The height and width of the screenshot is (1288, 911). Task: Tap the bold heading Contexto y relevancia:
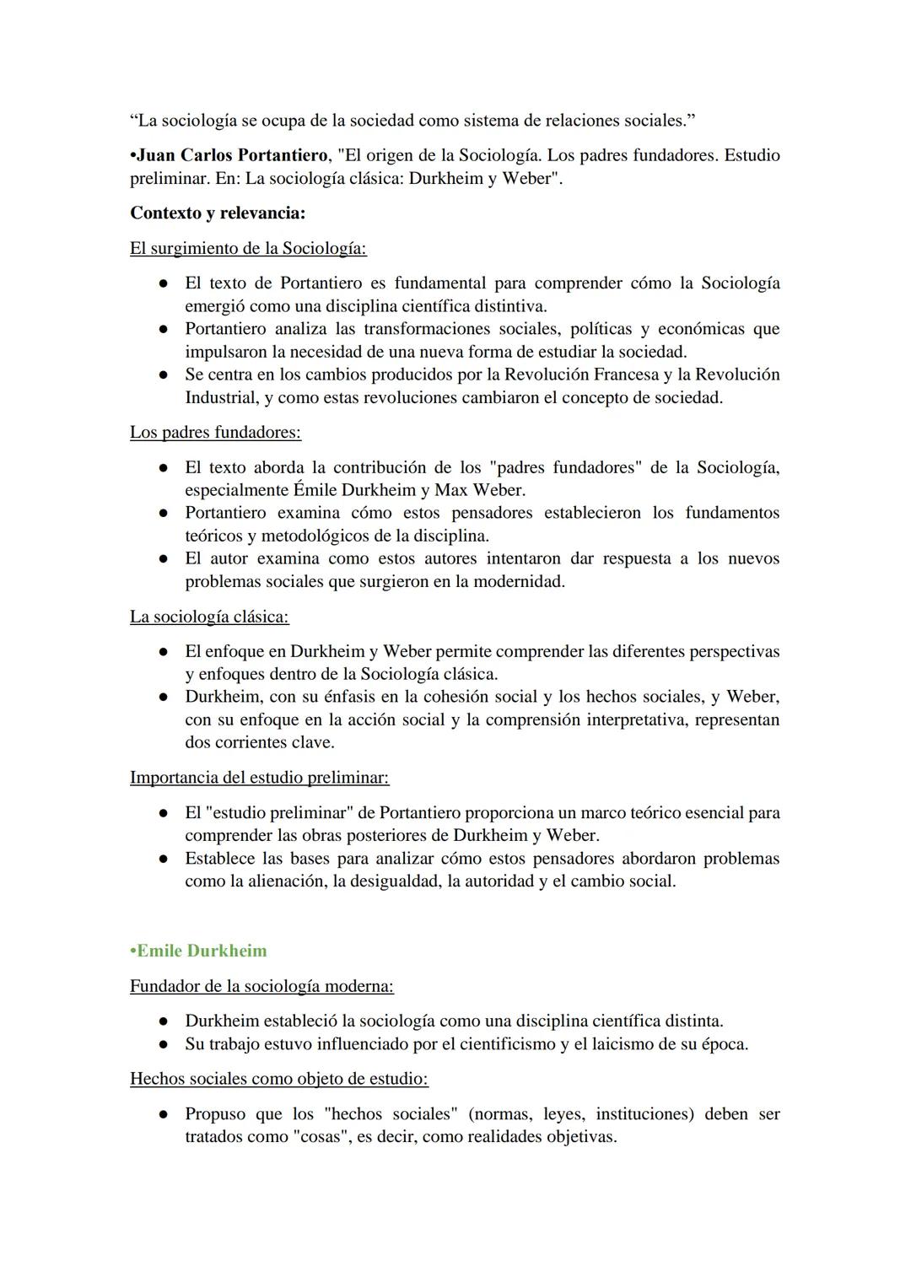click(x=218, y=213)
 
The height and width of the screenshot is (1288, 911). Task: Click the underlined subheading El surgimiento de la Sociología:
click(x=248, y=248)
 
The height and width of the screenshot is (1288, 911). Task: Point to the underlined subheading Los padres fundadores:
click(x=215, y=432)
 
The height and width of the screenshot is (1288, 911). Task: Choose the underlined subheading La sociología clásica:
click(x=209, y=617)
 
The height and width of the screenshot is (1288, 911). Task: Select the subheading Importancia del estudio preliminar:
click(x=259, y=777)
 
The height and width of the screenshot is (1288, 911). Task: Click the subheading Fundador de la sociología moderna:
click(x=261, y=985)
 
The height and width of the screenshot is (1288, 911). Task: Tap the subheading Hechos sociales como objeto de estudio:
click(x=278, y=1078)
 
